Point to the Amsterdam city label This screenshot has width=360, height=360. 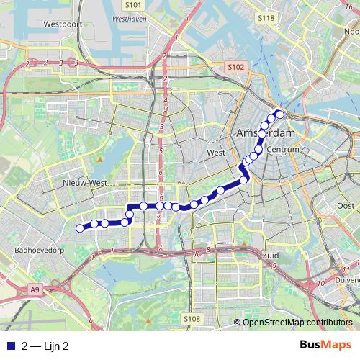[x=266, y=135]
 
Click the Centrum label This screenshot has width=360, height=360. [x=276, y=150]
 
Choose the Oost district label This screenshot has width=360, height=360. [x=346, y=206]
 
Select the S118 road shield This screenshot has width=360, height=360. [x=266, y=18]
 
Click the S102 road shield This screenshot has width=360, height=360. [x=236, y=67]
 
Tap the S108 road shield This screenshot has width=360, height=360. [x=191, y=318]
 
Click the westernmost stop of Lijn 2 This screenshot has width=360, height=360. [x=79, y=229]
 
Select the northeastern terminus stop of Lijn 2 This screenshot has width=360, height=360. [x=280, y=114]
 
